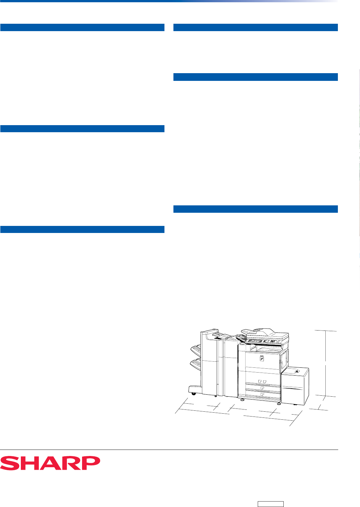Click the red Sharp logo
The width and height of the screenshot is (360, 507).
coord(50,463)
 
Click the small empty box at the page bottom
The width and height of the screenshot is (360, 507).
coord(271,504)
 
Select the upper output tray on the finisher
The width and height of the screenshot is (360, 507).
coord(196,350)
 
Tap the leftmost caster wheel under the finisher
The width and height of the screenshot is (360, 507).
coord(194,394)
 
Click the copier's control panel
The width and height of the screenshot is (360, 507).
coord(264,341)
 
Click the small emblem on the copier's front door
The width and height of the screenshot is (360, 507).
coord(262,358)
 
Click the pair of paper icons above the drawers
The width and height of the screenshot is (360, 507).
coord(262,382)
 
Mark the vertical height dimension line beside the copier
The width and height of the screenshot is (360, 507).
coord(326,363)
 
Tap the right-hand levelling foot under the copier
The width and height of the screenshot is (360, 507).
coord(279,404)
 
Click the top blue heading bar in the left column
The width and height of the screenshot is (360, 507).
coord(82,27)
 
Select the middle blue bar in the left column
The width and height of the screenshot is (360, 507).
coord(82,129)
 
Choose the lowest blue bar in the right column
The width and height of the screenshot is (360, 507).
coord(255,209)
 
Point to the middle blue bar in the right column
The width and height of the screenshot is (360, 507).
coord(255,77)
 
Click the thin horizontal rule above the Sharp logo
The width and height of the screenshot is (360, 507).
coord(169,450)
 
